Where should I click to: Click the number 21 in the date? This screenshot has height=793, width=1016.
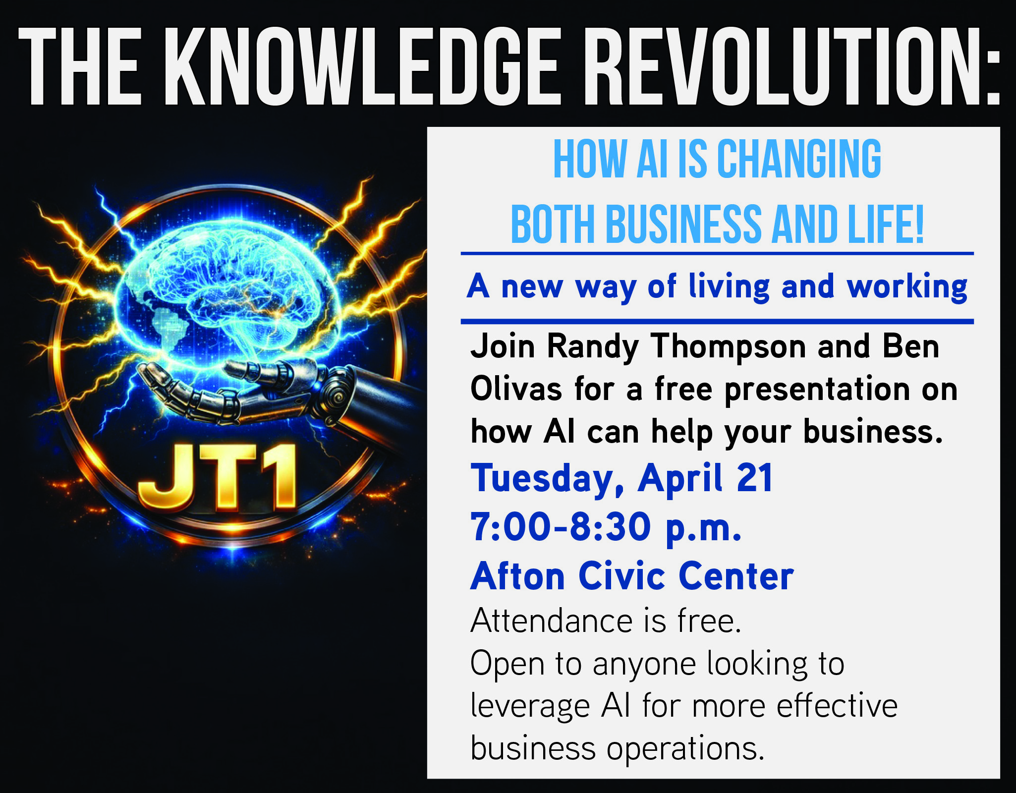754,478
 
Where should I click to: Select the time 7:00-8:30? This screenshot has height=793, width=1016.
560,527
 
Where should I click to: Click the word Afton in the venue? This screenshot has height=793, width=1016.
517,576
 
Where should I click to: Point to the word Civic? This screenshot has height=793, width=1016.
622,576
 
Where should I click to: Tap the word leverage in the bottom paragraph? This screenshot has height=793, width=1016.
529,707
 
